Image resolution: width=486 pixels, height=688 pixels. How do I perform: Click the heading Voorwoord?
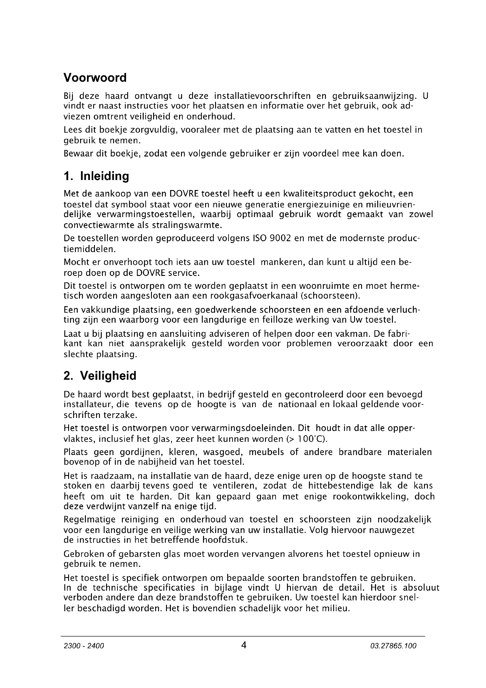click(x=95, y=78)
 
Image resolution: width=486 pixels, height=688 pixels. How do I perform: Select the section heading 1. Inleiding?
click(x=96, y=176)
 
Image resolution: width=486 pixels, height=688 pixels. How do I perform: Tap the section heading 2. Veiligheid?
click(x=100, y=376)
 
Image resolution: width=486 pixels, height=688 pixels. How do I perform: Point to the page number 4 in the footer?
click(x=244, y=645)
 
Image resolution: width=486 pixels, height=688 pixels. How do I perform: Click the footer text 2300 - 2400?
click(x=84, y=646)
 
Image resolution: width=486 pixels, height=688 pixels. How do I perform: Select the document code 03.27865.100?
click(x=393, y=646)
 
